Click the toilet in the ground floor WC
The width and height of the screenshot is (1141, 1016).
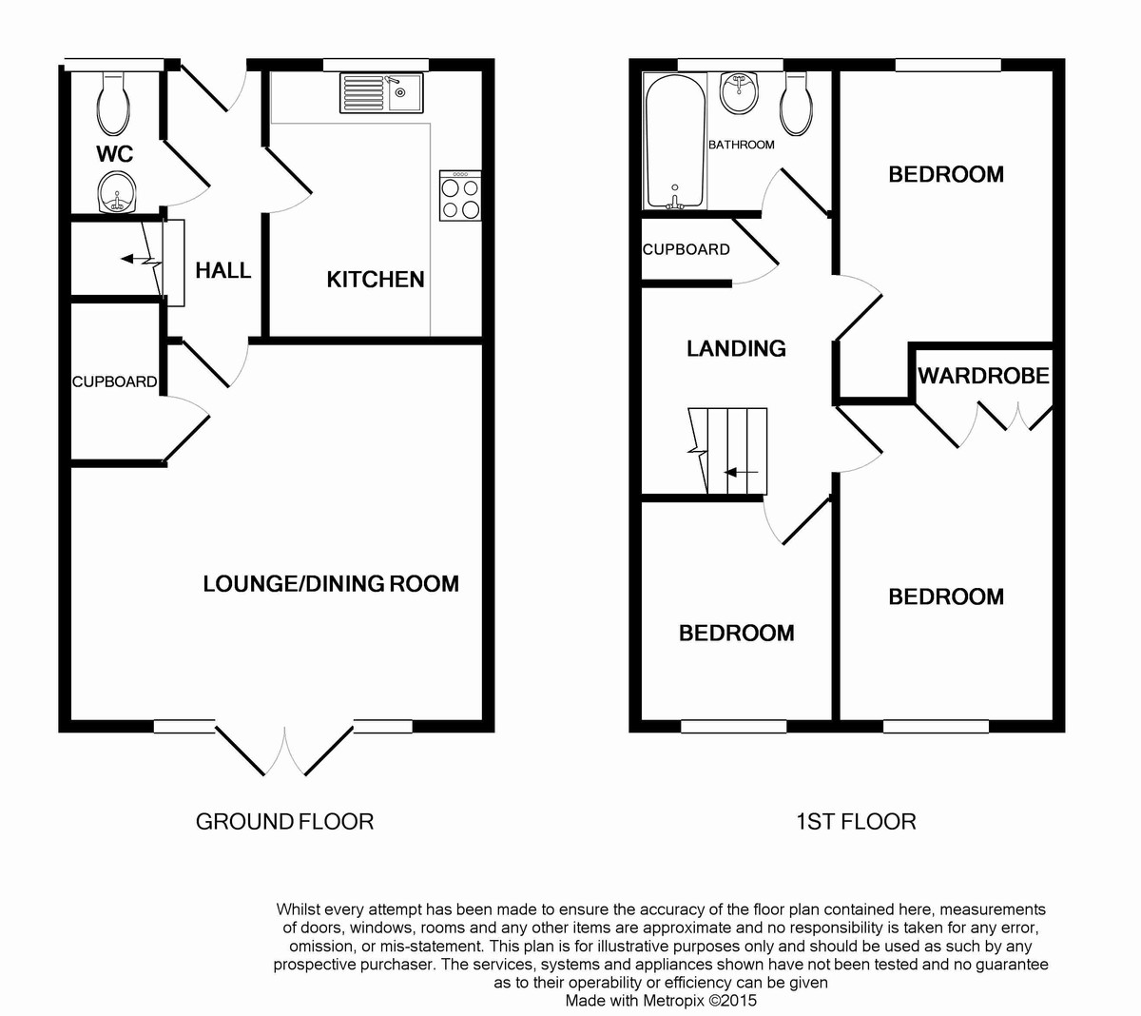[114, 105]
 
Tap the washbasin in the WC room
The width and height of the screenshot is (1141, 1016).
[118, 193]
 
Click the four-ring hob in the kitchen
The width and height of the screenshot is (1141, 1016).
[460, 197]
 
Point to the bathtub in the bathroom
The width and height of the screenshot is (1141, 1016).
[675, 141]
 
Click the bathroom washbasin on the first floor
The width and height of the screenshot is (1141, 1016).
[741, 92]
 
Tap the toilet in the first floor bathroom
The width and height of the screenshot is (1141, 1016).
[797, 105]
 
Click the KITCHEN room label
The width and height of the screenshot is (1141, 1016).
[376, 279]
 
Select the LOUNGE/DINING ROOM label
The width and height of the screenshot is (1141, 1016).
[331, 583]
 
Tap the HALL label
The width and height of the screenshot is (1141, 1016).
[223, 270]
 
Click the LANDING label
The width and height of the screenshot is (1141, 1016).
[736, 348]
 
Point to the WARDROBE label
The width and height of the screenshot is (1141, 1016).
[983, 376]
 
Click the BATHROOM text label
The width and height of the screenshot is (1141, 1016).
[741, 145]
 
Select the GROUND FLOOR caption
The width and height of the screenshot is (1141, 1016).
[284, 821]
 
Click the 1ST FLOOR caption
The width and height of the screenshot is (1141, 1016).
[856, 821]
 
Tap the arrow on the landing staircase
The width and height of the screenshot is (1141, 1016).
[741, 472]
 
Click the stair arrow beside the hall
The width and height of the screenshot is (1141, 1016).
[133, 259]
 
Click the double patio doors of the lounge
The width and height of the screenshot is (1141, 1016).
[284, 752]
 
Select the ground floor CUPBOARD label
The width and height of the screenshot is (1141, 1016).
[114, 381]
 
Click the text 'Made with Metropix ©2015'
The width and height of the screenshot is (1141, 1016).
[661, 1000]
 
